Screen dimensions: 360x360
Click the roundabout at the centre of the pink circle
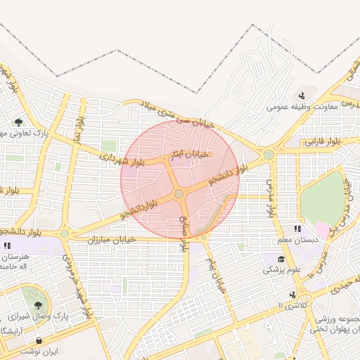pos(179,193)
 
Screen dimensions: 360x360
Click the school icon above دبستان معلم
pos(297,229)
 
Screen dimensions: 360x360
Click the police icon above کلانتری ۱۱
pos(291,295)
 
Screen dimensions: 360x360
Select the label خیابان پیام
pos(214,273)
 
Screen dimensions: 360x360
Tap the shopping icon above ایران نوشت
pos(38,341)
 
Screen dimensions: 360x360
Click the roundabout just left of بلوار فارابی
pos(269,155)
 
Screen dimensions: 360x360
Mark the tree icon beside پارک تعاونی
pos(18,122)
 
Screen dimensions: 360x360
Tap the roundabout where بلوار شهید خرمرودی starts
pos(65,233)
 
